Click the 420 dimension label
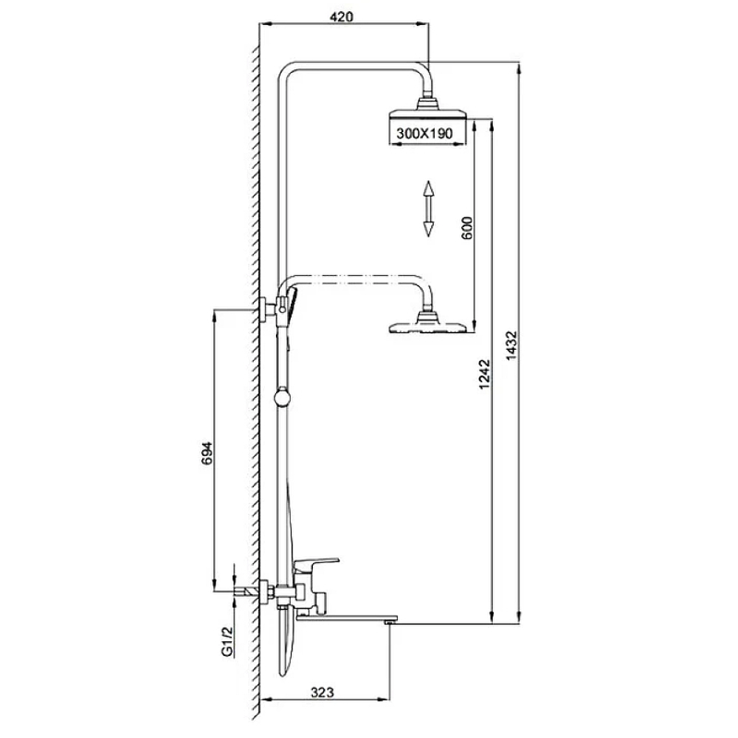point(341,17)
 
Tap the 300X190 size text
point(424,133)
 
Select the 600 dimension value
point(466,228)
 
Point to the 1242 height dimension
point(484,375)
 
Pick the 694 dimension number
point(207,453)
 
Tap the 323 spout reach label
point(323,692)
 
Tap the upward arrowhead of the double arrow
point(428,188)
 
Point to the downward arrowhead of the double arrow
point(428,228)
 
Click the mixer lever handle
point(316,563)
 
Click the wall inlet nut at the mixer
point(266,592)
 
